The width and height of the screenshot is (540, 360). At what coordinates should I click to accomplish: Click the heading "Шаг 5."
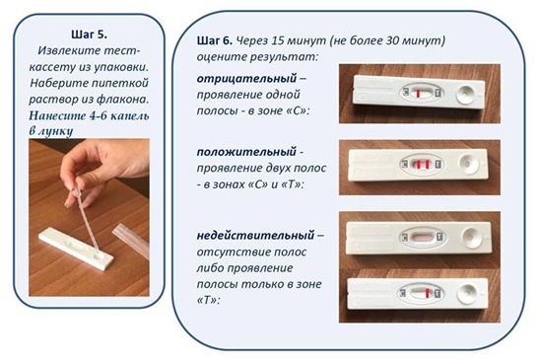90,35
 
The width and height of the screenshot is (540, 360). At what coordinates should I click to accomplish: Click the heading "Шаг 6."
215,40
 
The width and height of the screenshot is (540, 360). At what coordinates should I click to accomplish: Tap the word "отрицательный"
246,79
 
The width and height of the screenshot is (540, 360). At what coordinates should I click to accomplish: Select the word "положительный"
246,152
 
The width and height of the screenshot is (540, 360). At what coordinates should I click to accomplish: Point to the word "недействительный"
255,236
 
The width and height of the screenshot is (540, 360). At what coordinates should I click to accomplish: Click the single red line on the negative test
418,93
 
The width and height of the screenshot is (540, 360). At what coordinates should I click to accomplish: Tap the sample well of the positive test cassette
468,164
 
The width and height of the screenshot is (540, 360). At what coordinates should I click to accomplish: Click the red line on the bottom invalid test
427,294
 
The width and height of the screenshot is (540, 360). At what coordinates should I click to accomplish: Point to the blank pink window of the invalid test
422,238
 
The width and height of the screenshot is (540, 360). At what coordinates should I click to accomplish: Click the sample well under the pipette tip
99,255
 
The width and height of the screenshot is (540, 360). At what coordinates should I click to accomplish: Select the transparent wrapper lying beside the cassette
132,239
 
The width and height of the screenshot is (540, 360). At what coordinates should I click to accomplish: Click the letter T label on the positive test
439,164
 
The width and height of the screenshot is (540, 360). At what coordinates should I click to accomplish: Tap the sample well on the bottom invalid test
466,294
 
